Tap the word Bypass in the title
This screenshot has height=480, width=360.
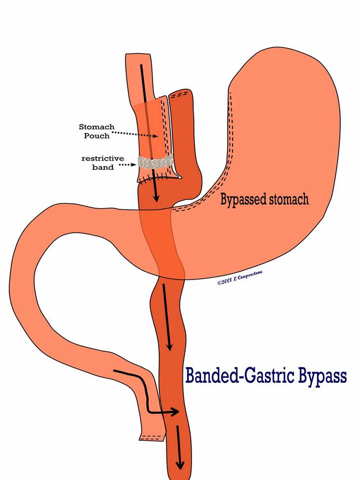(x=321, y=376)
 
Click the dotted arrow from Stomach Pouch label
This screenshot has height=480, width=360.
(x=136, y=134)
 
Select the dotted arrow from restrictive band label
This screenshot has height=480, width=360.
(x=126, y=165)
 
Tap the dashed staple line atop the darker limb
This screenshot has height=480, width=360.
(x=180, y=94)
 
